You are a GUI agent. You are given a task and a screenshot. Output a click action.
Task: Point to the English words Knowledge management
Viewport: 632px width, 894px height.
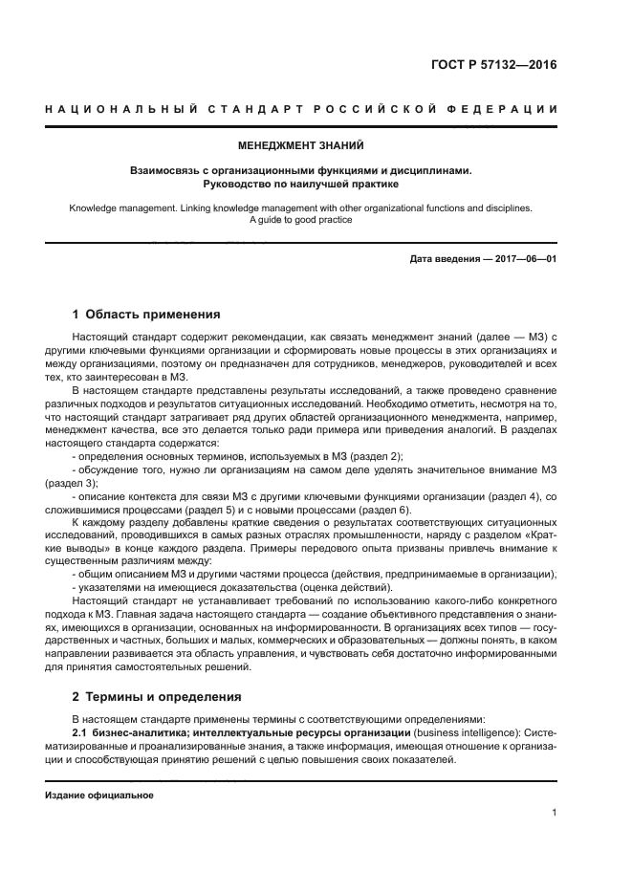tap(119, 207)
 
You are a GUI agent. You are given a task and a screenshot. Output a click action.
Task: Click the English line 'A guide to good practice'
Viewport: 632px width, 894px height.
tap(301, 220)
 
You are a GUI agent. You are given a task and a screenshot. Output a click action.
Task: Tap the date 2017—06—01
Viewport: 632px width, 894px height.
tap(526, 259)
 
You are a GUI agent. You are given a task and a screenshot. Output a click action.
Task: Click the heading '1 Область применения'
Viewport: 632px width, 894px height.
tap(146, 314)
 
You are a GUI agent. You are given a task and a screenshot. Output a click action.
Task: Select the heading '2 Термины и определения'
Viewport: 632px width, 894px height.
tap(158, 697)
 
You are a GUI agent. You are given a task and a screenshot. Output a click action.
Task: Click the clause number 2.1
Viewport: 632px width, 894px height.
tap(80, 732)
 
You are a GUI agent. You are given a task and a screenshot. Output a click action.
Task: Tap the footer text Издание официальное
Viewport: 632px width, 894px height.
tap(99, 795)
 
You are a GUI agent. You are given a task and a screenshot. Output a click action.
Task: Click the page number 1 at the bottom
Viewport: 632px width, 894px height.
tap(555, 814)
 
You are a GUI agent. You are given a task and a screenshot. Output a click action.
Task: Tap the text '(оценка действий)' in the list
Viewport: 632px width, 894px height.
tap(338, 585)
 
